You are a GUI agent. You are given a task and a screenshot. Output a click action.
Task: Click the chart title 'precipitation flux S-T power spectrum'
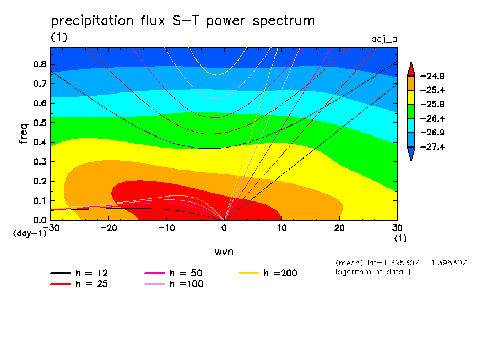[182, 21]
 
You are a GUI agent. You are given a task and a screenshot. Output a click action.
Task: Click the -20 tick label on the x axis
[109, 227]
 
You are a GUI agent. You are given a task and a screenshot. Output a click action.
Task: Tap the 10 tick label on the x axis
[282, 227]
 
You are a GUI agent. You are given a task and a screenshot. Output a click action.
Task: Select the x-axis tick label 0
[224, 227]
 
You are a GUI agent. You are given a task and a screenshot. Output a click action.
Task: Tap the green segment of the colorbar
[410, 111]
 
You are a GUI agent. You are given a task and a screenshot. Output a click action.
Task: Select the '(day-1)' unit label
[29, 233]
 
